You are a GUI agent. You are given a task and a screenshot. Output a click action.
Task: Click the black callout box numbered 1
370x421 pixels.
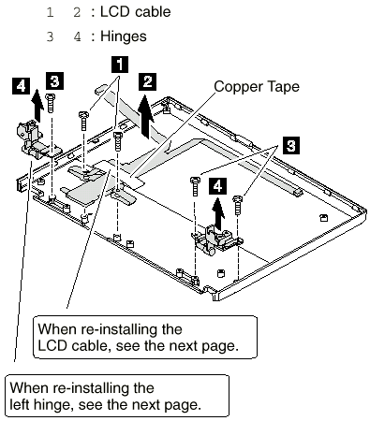(x=120, y=65)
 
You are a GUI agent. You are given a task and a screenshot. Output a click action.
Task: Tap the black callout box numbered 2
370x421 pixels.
(x=147, y=81)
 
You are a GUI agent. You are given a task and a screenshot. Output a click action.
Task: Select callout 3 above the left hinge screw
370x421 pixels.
(x=55, y=81)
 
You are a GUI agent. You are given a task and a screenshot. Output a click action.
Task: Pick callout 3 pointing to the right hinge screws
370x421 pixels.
(x=291, y=145)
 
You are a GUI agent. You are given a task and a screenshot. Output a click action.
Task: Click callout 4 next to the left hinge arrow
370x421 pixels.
(x=22, y=86)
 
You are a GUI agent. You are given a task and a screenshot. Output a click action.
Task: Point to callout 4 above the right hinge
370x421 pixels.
(x=217, y=186)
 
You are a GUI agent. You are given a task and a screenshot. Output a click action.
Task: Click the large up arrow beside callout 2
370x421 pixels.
(x=146, y=117)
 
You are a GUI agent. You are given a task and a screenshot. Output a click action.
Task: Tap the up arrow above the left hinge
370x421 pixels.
(x=37, y=105)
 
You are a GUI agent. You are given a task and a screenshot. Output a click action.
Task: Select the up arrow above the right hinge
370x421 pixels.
(x=218, y=214)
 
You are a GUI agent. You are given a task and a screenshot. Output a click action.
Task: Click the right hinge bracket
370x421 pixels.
(x=217, y=240)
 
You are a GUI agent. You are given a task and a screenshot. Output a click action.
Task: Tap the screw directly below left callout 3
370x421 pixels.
(x=50, y=103)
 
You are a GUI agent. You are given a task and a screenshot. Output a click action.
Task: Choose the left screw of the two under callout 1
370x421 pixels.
(x=83, y=121)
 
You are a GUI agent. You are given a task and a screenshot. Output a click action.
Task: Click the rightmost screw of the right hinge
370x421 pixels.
(x=238, y=205)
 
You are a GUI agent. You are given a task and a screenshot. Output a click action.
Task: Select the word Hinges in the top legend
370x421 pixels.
(x=124, y=36)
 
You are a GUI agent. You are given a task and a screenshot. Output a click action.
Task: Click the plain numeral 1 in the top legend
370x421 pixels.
(x=50, y=12)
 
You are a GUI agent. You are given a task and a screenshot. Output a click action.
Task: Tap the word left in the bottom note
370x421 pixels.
(x=20, y=404)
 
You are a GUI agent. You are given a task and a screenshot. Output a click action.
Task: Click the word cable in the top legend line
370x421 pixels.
(x=153, y=12)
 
